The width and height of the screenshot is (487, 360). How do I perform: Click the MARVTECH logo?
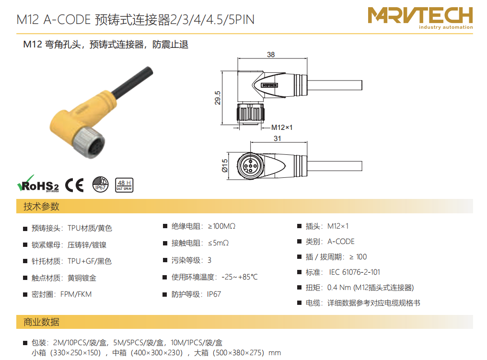point(420,18)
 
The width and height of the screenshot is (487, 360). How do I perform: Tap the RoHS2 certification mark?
point(38,184)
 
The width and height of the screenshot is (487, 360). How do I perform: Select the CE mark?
point(75,185)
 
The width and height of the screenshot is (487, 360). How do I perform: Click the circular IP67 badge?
point(100,185)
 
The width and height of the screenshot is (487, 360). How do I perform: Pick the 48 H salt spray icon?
point(124,185)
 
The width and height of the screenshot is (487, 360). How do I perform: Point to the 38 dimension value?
point(271,55)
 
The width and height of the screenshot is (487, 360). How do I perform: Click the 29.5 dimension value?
point(218,98)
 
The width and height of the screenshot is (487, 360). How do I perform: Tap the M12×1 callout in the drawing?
point(282,128)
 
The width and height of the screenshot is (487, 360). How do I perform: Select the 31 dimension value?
point(278,139)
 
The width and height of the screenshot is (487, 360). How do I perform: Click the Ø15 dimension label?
point(224,165)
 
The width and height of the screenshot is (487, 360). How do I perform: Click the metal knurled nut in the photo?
point(89,142)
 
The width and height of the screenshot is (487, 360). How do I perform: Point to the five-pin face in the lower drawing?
point(250,166)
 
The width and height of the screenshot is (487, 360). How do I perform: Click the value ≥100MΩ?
point(221,226)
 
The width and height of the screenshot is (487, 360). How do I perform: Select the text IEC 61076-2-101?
point(354,272)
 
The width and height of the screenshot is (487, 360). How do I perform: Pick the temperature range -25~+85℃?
point(240,277)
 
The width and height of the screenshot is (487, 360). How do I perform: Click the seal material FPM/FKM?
point(76,294)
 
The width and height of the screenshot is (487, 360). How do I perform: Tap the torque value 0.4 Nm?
point(339,288)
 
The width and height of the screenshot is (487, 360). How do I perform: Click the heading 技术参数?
point(41,206)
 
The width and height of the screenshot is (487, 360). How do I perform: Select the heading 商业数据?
point(41,322)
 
